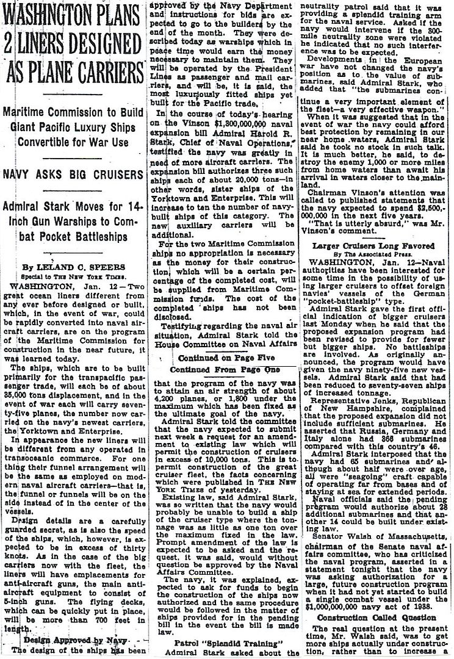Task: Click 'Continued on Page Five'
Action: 225,358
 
